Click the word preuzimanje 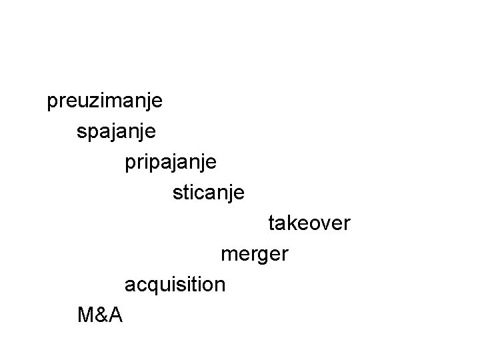pos(105,102)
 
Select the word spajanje pos(117,131)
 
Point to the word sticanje pos(208,193)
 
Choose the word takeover pos(309,223)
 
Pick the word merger pos(254,254)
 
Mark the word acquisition pos(175,284)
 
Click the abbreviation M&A pos(100,314)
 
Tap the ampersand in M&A pos(101,314)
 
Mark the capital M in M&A pos(85,314)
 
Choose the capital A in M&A pos(115,314)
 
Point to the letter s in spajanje pos(82,132)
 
